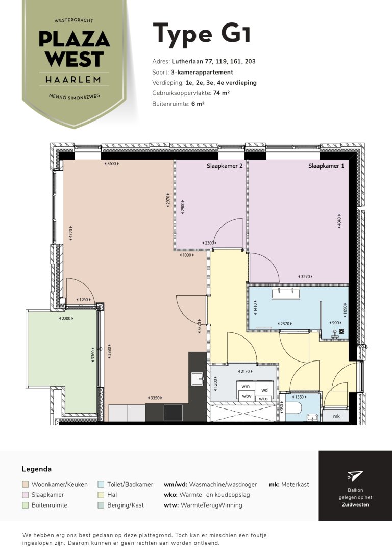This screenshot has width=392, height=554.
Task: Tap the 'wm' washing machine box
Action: [246, 387]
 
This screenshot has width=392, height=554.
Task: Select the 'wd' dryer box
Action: [265, 389]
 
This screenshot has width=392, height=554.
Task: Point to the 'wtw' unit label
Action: [247, 396]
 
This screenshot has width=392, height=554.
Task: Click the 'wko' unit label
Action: [263, 399]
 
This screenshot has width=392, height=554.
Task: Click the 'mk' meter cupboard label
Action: [336, 416]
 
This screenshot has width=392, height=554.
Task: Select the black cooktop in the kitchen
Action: [173, 413]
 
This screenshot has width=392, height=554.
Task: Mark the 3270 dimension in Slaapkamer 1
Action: [305, 277]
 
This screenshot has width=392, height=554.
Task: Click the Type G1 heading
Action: [202, 33]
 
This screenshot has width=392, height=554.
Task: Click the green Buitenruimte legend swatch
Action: [25, 505]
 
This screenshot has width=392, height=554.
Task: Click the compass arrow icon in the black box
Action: [355, 476]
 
